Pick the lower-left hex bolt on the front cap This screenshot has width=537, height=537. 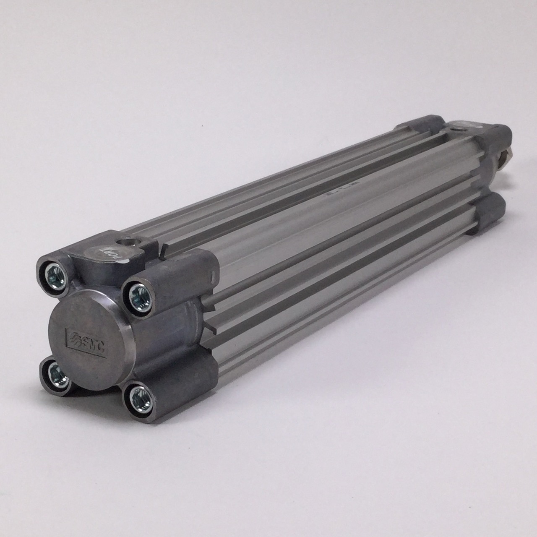click(55, 374)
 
